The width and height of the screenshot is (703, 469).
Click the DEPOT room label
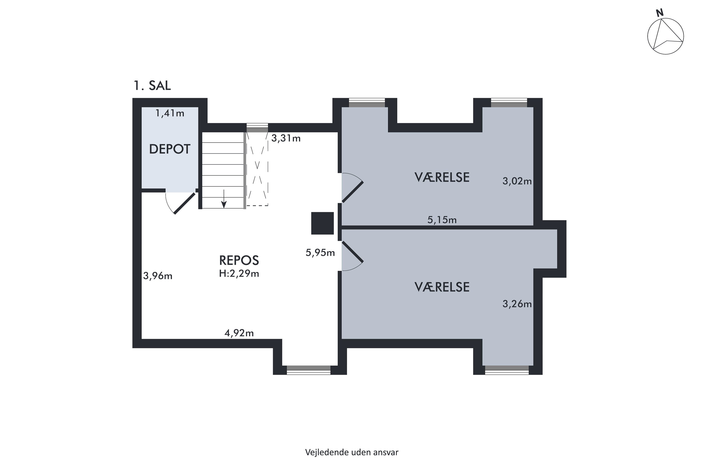169,149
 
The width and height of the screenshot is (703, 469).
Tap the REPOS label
239,261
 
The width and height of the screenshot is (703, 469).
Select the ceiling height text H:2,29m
239,274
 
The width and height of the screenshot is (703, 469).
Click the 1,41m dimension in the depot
170,113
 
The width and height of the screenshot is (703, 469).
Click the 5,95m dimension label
320,253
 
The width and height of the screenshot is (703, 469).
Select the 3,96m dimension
157,276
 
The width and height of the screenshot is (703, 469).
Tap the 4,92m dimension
239,333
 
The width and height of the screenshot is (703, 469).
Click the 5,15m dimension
442,220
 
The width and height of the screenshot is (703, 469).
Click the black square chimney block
322,223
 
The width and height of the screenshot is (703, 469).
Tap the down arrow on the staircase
224,199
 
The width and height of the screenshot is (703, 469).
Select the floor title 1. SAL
152,86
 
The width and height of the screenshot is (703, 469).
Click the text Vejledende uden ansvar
351,452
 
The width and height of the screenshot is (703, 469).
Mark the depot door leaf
185,203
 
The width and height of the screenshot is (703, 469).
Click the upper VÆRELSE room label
442,177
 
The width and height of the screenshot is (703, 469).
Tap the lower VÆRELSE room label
442,287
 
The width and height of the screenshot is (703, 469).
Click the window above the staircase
257,128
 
